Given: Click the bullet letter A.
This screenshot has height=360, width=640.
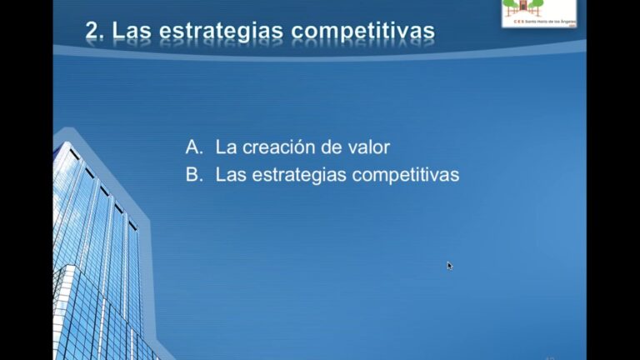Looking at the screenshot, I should [x=193, y=147].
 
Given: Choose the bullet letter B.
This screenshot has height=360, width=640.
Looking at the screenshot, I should [x=193, y=176].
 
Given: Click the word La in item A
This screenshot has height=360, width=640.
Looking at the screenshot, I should [x=225, y=147].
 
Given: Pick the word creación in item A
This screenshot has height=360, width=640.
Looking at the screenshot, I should [x=276, y=147].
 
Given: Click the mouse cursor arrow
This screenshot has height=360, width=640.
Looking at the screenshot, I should [x=449, y=265].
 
